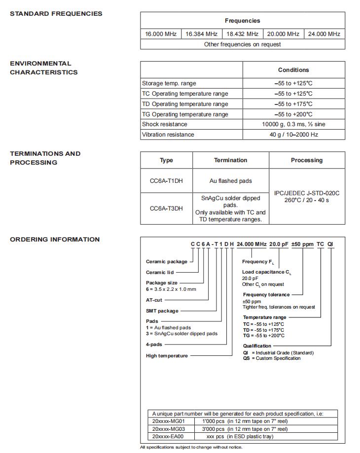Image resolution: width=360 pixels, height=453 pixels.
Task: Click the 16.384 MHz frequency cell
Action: tap(201, 34)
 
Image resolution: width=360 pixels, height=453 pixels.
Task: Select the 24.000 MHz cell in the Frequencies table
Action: tap(324, 34)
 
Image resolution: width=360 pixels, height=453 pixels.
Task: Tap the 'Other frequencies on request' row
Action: tap(242, 44)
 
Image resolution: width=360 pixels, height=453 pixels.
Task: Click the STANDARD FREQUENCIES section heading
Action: tap(56, 14)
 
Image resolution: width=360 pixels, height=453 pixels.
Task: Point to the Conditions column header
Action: tap(293, 70)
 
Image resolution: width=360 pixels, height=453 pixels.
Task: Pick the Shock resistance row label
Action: tap(164, 124)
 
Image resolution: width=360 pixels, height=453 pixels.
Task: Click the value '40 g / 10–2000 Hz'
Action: tap(293, 135)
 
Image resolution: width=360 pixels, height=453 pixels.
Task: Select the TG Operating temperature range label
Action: tap(185, 114)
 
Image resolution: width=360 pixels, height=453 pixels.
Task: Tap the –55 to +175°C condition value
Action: tap(293, 104)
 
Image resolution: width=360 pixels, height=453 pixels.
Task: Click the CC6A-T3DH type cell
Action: tap(166, 209)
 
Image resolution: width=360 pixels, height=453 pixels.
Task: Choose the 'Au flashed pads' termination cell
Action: tap(230, 181)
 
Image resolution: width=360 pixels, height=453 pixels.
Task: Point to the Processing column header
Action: tap(307, 160)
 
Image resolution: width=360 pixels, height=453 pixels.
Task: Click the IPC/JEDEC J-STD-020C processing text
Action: tap(307, 193)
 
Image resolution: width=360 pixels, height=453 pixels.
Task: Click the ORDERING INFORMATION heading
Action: tap(55, 240)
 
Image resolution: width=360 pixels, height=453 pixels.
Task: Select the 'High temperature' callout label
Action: tap(167, 356)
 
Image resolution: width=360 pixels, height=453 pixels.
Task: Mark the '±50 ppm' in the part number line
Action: tap(303, 244)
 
